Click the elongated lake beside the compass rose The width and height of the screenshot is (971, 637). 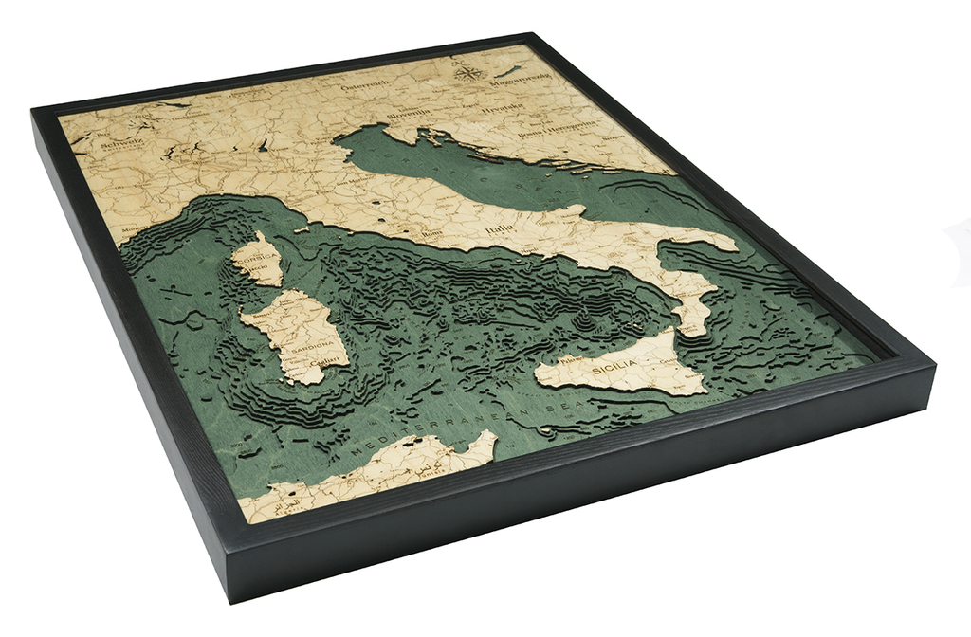[x=509, y=69]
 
